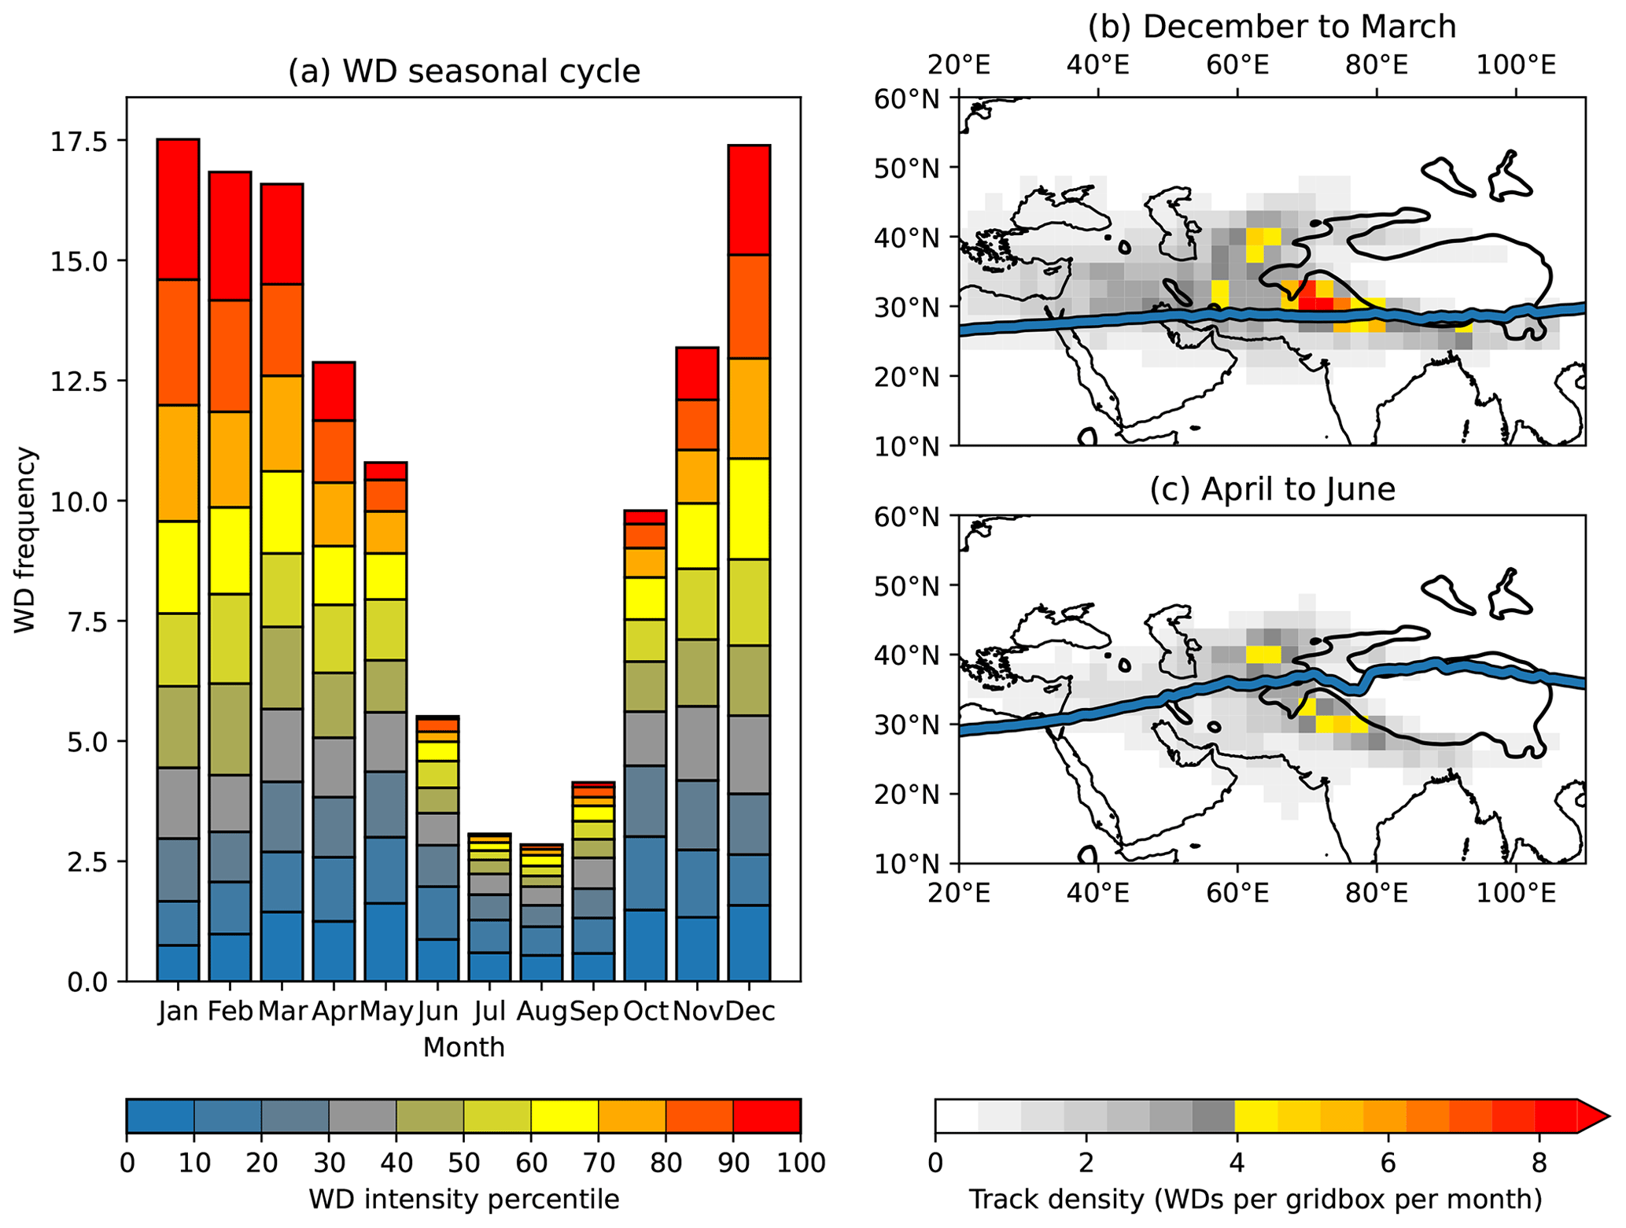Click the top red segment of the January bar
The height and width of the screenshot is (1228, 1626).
point(178,209)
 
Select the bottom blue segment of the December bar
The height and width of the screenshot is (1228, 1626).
point(749,942)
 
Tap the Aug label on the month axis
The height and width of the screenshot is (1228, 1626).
point(541,1011)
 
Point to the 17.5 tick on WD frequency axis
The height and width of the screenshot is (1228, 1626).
point(79,141)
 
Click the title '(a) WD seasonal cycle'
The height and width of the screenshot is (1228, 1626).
point(463,72)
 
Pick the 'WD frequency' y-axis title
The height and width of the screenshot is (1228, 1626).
point(26,540)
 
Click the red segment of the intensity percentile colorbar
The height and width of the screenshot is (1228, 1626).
point(766,1116)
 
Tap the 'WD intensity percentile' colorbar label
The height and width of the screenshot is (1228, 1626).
point(463,1199)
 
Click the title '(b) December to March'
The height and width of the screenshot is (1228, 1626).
point(1271,27)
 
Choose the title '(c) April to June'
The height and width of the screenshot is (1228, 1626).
point(1271,489)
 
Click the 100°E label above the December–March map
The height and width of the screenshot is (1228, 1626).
point(1515,65)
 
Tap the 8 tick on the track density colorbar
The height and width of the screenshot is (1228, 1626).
point(1539,1162)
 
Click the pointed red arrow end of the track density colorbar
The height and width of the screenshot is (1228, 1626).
point(1592,1116)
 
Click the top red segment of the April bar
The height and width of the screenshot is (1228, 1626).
point(334,391)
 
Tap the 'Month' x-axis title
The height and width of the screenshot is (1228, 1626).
point(463,1047)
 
